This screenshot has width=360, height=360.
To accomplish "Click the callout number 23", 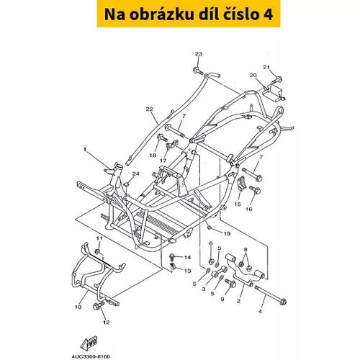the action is tap(199, 54).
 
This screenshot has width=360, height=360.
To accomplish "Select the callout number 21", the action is tap(266, 67).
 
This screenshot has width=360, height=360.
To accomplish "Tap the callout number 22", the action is tap(149, 109).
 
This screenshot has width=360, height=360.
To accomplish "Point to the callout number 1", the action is tap(84, 150).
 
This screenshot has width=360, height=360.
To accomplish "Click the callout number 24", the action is tap(136, 174).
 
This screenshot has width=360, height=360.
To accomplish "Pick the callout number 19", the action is tap(227, 233).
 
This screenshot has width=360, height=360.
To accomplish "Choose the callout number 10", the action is tap(78, 307).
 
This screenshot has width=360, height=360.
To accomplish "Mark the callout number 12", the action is tap(107, 323).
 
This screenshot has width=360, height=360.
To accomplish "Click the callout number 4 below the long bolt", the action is tap(260, 311).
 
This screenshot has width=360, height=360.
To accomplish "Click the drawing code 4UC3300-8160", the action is tap(91, 357).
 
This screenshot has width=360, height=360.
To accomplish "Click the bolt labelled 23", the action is tap(197, 71).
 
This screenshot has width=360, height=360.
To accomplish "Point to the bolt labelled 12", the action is tap(98, 305).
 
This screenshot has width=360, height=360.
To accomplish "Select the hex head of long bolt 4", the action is tap(283, 301).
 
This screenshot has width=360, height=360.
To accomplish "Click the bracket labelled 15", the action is tap(242, 184).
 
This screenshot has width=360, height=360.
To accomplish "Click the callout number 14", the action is tap(187, 257).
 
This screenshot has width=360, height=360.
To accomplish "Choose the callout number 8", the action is tap(246, 249).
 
